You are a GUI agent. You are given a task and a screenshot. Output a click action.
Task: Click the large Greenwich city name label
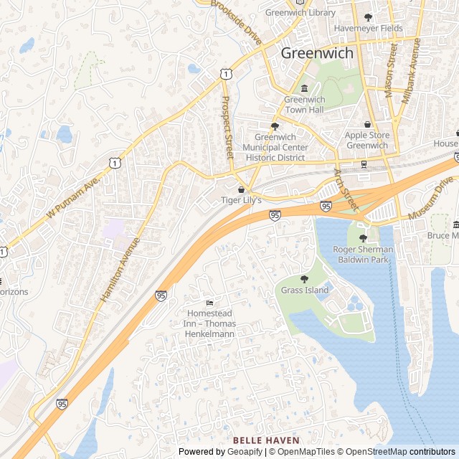316,53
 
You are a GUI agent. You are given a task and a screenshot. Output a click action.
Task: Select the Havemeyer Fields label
369,29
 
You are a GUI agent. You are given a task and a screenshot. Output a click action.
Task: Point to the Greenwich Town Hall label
304,105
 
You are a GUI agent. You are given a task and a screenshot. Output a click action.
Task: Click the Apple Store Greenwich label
366,140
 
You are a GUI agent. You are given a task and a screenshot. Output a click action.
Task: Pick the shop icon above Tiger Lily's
240,189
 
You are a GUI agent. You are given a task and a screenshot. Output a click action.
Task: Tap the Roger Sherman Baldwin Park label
363,254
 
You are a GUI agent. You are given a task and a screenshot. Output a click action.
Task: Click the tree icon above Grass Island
304,280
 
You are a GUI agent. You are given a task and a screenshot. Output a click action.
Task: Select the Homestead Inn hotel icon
209,304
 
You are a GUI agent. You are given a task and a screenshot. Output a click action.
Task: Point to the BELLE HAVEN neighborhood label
266,440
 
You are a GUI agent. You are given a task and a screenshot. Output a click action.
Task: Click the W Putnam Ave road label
71,199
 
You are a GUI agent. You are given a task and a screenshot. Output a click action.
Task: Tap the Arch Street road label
345,190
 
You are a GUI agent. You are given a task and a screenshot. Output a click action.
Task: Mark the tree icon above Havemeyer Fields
369,17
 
